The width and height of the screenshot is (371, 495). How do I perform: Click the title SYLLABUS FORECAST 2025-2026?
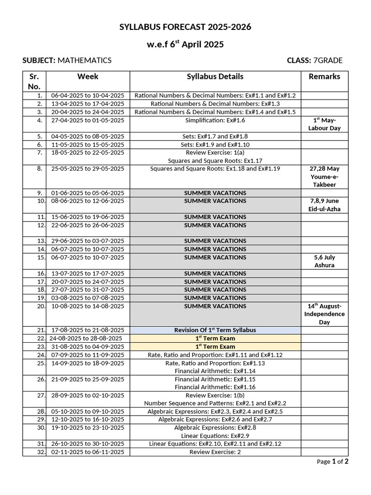point(185,27)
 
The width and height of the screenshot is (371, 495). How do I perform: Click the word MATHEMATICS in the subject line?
point(85,60)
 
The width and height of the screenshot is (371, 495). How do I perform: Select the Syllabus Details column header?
point(215,76)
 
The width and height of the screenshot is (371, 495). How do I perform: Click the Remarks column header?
point(324,76)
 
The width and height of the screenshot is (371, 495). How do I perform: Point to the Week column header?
point(87,76)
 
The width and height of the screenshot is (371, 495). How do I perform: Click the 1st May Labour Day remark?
point(324,124)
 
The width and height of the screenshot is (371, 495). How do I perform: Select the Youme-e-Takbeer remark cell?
point(324,177)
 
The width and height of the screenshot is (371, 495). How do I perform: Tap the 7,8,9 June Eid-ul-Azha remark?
point(324,205)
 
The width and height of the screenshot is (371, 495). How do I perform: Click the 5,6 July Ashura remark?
point(324,262)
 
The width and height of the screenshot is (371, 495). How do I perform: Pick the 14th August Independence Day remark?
point(324,314)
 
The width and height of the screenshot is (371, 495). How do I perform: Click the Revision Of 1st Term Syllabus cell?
point(215,330)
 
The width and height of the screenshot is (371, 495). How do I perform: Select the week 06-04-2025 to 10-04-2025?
point(87,96)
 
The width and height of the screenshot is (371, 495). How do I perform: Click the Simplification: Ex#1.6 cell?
point(215,120)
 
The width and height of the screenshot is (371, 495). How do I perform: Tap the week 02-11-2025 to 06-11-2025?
point(87,452)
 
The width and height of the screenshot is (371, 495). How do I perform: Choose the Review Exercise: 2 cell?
point(215,452)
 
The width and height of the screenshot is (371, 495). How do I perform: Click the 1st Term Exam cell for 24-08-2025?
point(215,338)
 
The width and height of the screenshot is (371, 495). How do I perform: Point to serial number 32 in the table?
point(41,452)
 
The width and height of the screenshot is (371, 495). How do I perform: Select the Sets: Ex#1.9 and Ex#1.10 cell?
point(215,145)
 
